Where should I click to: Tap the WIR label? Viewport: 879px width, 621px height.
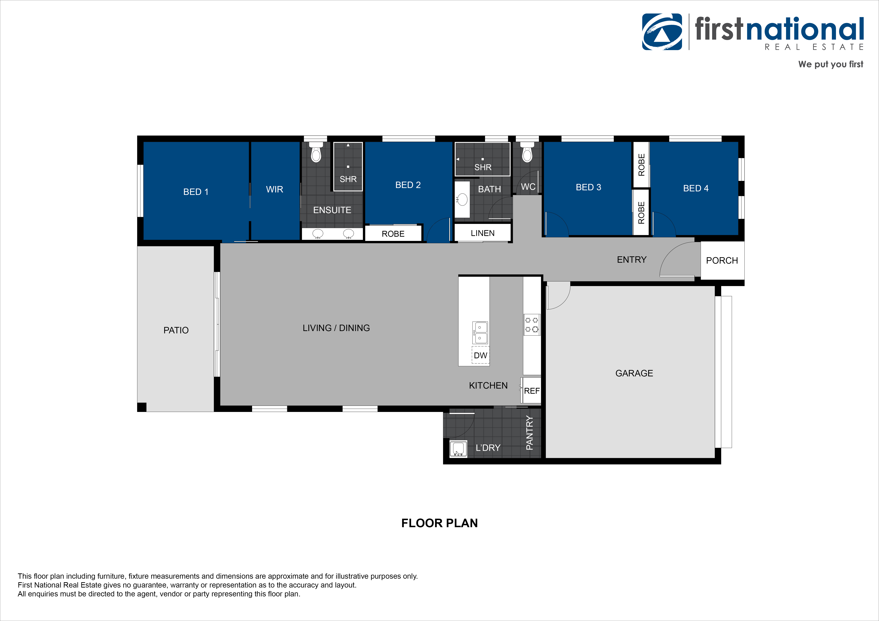(275, 189)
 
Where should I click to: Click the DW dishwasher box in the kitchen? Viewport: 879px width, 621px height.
(480, 355)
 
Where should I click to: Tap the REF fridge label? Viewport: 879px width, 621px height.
(532, 391)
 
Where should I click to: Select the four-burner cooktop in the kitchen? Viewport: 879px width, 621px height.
(532, 324)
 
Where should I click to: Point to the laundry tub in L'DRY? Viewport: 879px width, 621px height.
(458, 449)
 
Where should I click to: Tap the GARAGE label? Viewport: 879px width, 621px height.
(634, 373)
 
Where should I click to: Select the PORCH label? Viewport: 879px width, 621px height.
(722, 261)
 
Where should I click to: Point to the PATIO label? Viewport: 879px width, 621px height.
(176, 330)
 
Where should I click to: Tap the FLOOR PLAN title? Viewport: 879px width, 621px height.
(439, 523)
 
